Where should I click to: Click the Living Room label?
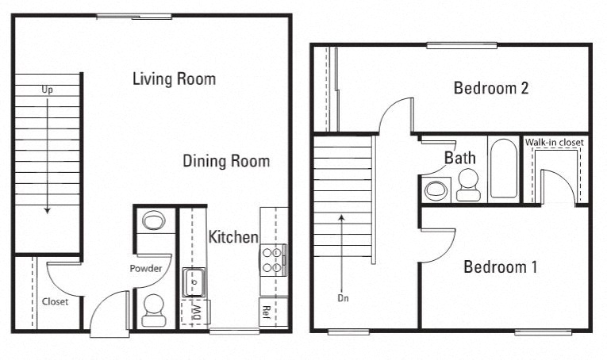(x=174, y=79)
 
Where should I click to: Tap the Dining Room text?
(x=226, y=162)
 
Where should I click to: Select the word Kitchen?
(x=233, y=237)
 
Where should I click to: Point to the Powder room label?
(x=146, y=269)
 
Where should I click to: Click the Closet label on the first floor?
(x=55, y=302)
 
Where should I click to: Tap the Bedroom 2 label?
(x=491, y=88)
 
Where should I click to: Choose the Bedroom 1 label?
(x=500, y=267)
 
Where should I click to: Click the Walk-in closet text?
(x=555, y=143)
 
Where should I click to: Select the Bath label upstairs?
(x=459, y=159)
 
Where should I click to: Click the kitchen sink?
(x=194, y=281)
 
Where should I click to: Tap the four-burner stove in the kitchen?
(x=272, y=260)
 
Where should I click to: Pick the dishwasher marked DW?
(x=192, y=312)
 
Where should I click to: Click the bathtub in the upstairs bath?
(x=503, y=169)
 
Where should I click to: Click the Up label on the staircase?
(x=48, y=90)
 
